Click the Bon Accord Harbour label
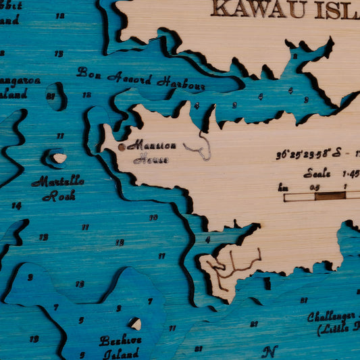[x=140, y=78]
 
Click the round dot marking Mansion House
[x=122, y=147]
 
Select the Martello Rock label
[x=58, y=188]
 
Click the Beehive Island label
[x=120, y=346]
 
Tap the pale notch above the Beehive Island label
[x=135, y=324]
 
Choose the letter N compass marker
[x=269, y=352]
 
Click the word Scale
[x=317, y=173]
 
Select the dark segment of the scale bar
[x=330, y=197]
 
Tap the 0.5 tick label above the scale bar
[x=315, y=187]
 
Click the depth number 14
[x=16, y=205]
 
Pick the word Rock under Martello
[x=59, y=197]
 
